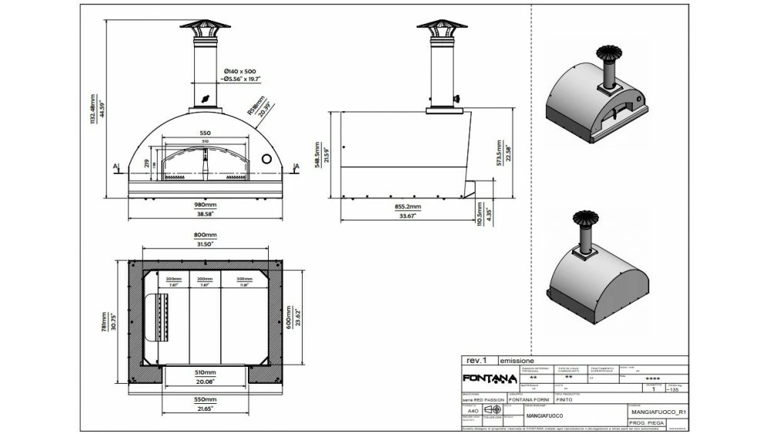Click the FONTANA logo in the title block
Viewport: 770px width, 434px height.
pos(489,378)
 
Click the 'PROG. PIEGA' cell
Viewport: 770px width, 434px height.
pos(648,423)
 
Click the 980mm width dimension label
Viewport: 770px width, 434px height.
pos(205,205)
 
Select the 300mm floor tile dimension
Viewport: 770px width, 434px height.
pos(245,279)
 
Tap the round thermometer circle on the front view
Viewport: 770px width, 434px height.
pos(267,158)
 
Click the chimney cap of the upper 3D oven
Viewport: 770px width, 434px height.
pos(606,55)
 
